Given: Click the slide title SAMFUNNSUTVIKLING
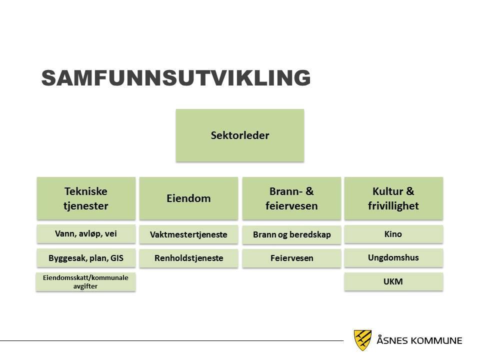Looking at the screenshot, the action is pyautogui.click(x=176, y=78).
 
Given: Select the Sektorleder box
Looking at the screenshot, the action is pyautogui.click(x=240, y=135).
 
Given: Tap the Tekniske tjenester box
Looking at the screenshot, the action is pyautogui.click(x=86, y=198).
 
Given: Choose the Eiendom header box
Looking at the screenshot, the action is pyautogui.click(x=188, y=198).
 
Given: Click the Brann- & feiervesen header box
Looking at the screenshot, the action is pyautogui.click(x=291, y=198).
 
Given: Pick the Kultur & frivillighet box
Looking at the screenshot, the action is pyautogui.click(x=393, y=198).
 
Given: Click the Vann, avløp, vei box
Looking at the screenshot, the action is pyautogui.click(x=86, y=234).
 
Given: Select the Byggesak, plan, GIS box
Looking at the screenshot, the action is pyautogui.click(x=86, y=258).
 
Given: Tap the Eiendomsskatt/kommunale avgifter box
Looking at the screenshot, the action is pyautogui.click(x=85, y=282).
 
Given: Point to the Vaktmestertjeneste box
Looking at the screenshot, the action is pyautogui.click(x=188, y=234).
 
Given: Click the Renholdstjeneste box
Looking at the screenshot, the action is pyautogui.click(x=188, y=258).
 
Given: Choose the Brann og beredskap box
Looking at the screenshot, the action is pyautogui.click(x=291, y=235).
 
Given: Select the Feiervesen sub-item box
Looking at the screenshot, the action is pyautogui.click(x=291, y=258).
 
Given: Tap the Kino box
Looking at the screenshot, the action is pyautogui.click(x=393, y=234).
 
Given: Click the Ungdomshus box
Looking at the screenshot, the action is pyautogui.click(x=393, y=258).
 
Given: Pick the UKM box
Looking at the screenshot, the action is pyautogui.click(x=393, y=281).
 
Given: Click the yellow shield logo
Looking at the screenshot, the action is pyautogui.click(x=363, y=340).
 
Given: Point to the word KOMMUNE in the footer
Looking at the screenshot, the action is pyautogui.click(x=436, y=340).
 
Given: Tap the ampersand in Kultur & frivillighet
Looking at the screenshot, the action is pyautogui.click(x=410, y=191).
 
